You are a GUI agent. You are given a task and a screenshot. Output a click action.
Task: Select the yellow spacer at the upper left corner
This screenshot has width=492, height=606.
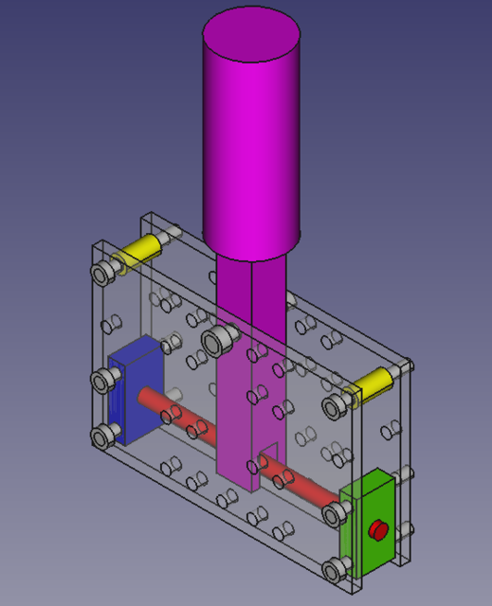coord(139,251)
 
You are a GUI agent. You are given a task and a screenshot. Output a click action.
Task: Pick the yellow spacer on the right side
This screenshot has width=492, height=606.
coord(371,383)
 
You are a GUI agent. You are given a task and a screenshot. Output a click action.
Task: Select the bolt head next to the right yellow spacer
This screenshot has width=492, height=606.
coord(335,407)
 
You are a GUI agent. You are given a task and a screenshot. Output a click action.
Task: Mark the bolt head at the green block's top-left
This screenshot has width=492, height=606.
coord(333,514)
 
